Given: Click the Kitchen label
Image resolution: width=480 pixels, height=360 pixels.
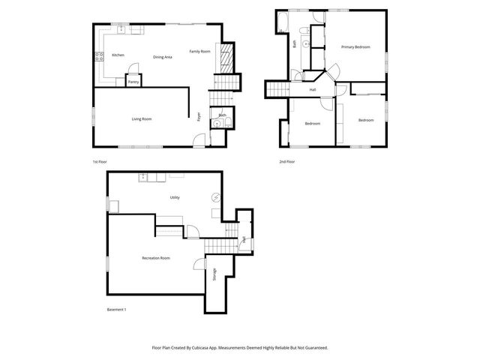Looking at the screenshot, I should click(x=118, y=55).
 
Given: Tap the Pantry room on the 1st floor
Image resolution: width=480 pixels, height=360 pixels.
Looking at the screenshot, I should click(x=133, y=82).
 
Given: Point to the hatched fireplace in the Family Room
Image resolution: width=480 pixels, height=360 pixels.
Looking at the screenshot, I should click(x=224, y=55).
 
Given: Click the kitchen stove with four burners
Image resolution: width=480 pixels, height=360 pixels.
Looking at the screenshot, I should click(x=98, y=56).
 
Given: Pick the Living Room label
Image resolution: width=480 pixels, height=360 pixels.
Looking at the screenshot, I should click(x=142, y=118).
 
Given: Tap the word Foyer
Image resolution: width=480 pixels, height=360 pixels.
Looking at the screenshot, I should click(x=199, y=116).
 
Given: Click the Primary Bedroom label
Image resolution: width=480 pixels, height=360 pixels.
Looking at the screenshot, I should click(x=356, y=47).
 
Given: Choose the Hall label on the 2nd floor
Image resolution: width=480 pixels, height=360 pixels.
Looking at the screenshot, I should click(x=313, y=90).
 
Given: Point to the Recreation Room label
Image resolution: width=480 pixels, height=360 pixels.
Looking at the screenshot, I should click(x=155, y=258).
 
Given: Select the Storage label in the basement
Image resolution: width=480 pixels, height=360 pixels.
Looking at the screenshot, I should click(x=214, y=275).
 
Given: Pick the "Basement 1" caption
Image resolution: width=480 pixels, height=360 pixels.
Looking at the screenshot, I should click(x=116, y=310).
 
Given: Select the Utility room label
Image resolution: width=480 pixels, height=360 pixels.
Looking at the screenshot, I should click(x=174, y=197).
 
